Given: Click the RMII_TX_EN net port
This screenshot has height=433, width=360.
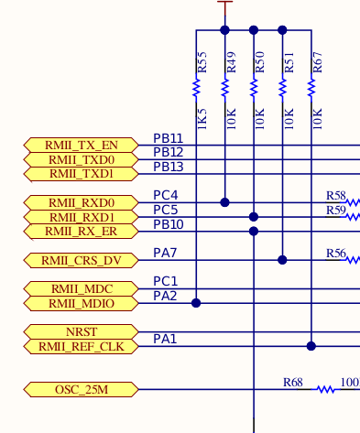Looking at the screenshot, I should [x=82, y=145].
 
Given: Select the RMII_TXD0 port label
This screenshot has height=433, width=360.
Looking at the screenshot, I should [x=82, y=159].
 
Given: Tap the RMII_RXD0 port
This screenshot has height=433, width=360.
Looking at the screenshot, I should [x=82, y=202].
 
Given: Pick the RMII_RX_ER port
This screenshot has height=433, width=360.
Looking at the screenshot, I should [x=82, y=232].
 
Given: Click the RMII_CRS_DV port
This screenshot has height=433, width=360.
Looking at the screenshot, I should [x=82, y=261].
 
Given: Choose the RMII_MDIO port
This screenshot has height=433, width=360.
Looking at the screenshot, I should [x=82, y=303].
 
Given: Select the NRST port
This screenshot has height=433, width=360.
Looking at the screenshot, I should [x=82, y=331].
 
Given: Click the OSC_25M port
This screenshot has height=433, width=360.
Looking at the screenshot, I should [x=82, y=390].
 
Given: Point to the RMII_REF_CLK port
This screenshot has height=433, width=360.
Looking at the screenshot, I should [x=82, y=346].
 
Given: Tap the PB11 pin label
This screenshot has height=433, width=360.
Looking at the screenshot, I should [x=168, y=138].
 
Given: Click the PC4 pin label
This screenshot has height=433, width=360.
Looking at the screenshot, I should [x=165, y=196].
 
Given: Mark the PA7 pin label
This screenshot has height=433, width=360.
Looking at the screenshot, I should [x=165, y=253].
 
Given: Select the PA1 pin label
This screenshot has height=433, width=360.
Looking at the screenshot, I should [x=165, y=340].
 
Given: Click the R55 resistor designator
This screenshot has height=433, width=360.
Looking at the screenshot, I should [x=202, y=62].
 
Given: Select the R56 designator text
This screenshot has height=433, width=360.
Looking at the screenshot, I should [x=336, y=254].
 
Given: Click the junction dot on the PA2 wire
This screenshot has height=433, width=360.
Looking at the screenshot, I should [x=196, y=302].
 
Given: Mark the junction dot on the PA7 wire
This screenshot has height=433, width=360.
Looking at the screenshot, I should [x=283, y=261].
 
